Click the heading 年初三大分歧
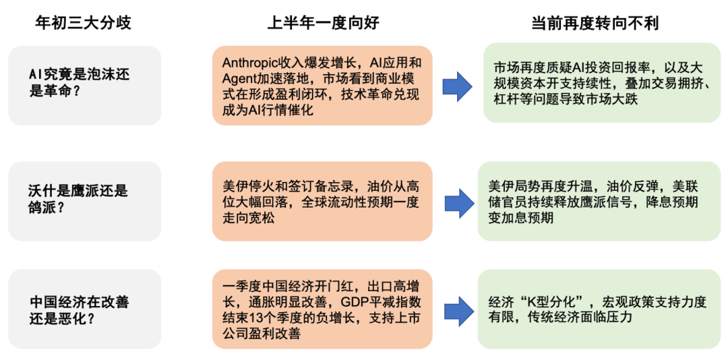coord(84,22)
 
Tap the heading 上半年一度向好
coord(323,22)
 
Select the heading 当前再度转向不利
coord(595,22)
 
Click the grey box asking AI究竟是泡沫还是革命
coord(85,86)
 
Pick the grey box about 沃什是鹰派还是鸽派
coord(85,201)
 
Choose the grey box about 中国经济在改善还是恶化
coord(85,309)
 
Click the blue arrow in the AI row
coord(458,86)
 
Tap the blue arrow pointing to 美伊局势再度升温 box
coord(460,202)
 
